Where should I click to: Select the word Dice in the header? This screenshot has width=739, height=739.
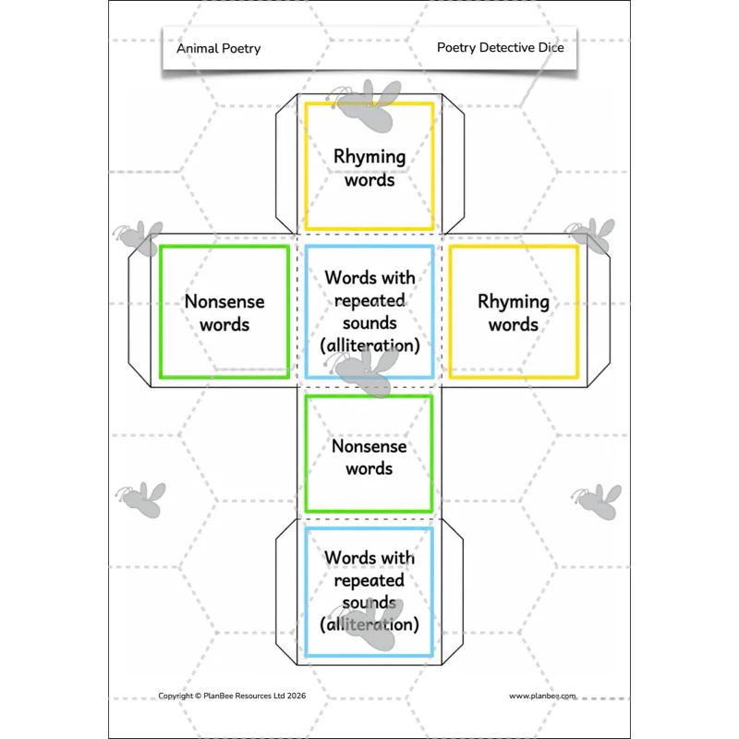(551, 48)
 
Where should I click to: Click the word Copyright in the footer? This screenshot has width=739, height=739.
(176, 697)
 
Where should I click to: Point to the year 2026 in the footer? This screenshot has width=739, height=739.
(297, 696)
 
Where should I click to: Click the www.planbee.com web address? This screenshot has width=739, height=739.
(542, 697)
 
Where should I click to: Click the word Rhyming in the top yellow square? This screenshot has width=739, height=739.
(369, 157)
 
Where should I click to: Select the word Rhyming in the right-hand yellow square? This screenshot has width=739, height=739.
(514, 302)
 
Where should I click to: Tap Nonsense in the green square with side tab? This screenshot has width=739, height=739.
(224, 302)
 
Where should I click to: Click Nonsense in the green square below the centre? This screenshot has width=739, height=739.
(369, 446)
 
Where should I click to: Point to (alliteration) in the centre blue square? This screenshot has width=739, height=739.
(370, 345)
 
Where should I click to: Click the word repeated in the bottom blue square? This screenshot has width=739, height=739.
(369, 581)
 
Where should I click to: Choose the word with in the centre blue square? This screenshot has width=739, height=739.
(399, 278)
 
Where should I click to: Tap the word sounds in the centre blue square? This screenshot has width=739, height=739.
(369, 323)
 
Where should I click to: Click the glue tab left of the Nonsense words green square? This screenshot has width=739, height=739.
(139, 310)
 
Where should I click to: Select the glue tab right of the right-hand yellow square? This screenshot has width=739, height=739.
(599, 310)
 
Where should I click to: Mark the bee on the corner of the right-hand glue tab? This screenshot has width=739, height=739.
(591, 235)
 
